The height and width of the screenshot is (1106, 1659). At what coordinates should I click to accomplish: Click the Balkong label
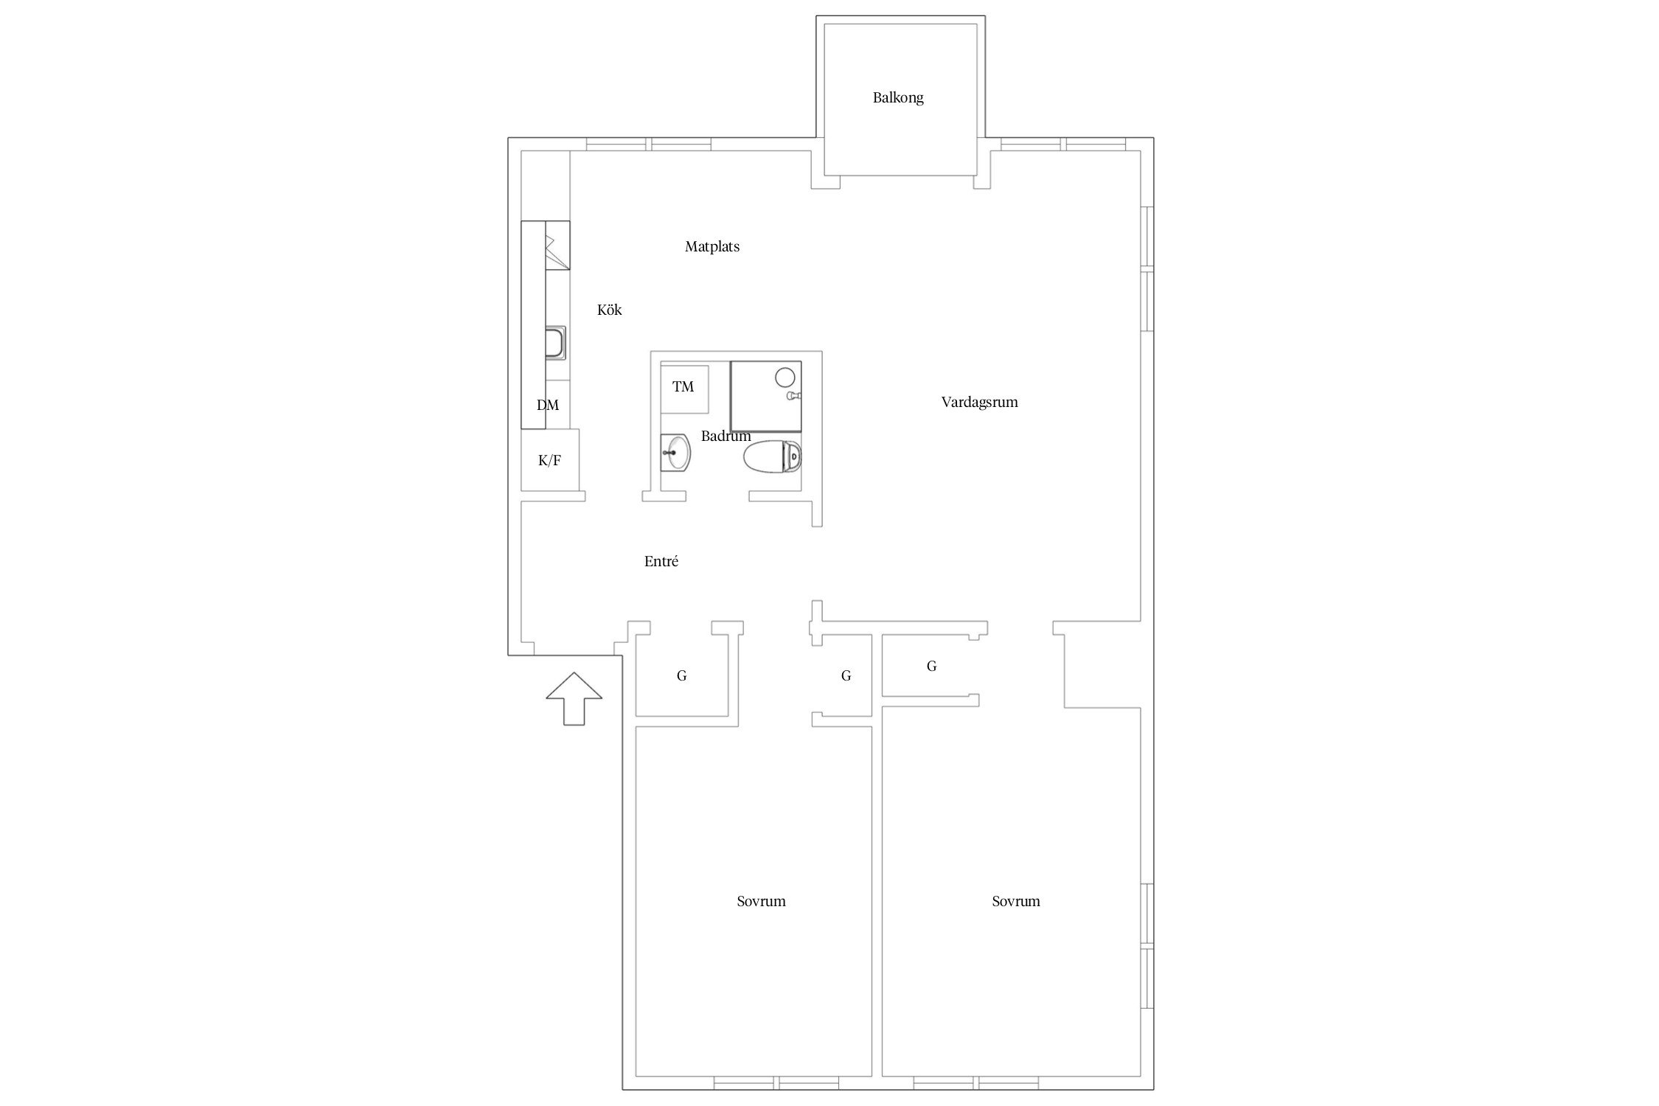(897, 97)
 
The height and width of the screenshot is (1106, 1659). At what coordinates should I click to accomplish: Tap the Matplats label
(712, 247)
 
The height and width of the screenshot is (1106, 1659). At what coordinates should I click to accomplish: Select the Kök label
(609, 310)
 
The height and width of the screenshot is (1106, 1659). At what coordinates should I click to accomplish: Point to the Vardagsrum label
(979, 402)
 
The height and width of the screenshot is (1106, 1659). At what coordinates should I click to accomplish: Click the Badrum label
(726, 436)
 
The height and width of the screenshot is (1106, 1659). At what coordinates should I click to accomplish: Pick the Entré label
(661, 561)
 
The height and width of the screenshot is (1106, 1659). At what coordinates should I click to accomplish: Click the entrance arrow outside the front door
(574, 698)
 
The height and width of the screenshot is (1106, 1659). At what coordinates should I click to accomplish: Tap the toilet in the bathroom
(772, 457)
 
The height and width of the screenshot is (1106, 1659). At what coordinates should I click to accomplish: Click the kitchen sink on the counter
(556, 344)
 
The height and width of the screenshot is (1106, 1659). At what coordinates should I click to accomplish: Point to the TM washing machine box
(684, 389)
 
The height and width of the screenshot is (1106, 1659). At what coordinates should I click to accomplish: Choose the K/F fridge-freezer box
(549, 460)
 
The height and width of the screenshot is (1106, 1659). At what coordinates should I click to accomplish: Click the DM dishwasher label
(547, 405)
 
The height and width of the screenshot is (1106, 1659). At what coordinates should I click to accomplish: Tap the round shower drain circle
(785, 377)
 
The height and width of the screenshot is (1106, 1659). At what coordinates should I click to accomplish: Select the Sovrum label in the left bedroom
(761, 901)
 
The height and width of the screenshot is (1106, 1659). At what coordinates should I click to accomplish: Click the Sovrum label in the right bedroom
(1015, 901)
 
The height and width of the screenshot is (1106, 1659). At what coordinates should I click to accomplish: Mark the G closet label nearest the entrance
(681, 675)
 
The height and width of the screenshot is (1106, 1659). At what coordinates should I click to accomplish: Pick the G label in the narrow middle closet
(846, 675)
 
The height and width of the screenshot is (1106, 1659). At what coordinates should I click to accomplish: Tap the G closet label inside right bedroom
(931, 667)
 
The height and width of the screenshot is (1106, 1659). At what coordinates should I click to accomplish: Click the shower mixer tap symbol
(793, 396)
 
